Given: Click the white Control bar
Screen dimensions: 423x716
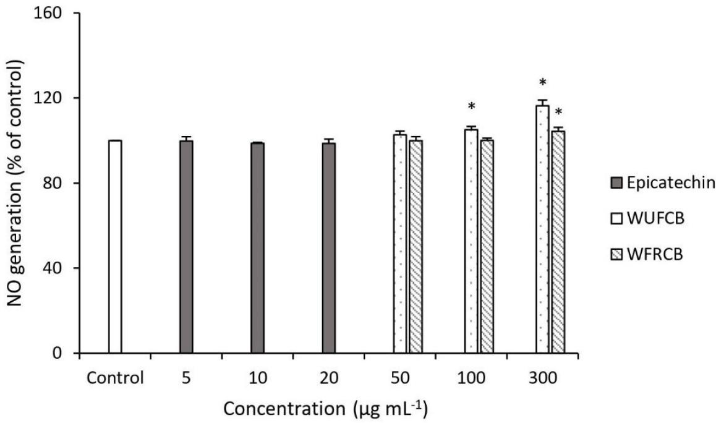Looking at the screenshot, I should pos(115,247).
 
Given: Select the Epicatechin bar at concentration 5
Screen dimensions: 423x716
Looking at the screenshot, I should pos(186,247).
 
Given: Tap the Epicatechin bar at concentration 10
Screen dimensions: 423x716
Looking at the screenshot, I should pos(258,248).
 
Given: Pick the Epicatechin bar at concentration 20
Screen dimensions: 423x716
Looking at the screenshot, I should pos(329,248).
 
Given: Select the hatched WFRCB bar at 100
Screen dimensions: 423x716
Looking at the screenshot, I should pos(487,247).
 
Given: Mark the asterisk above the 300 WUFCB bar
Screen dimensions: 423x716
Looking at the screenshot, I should pos(542,83).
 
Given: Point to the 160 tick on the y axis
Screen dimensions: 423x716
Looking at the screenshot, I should pos(53,13).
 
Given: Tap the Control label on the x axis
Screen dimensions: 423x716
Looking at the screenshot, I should pos(115,377).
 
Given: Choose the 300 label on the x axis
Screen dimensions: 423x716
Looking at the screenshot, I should pos(542,377).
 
